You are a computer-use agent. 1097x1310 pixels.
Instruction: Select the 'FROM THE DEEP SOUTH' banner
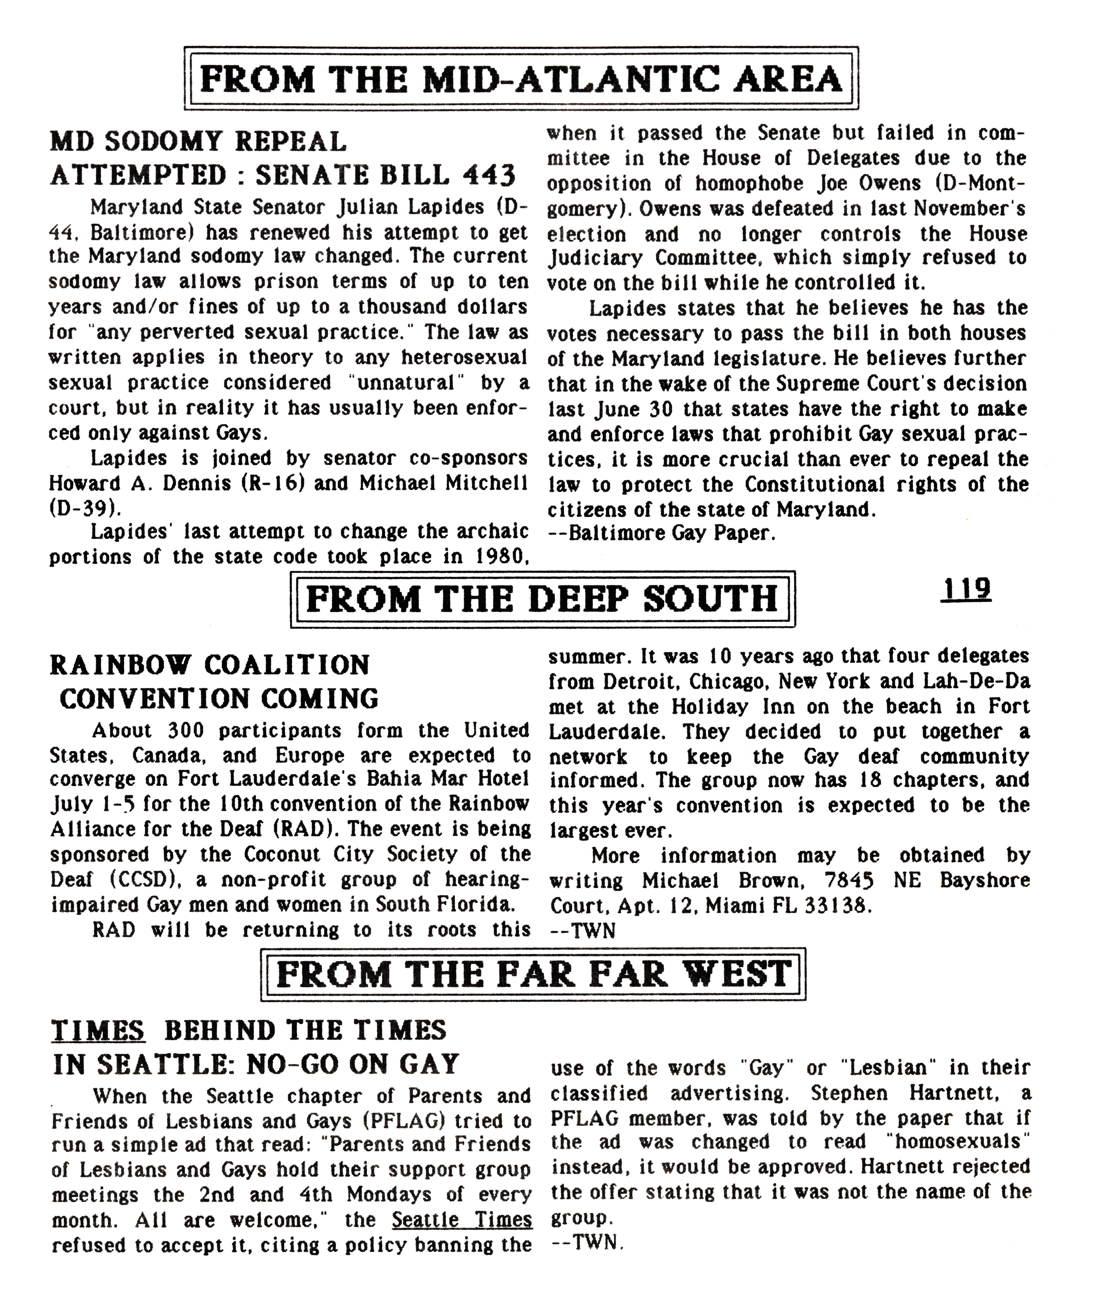pyautogui.click(x=543, y=599)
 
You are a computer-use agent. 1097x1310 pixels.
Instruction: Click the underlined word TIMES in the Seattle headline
pyautogui.click(x=98, y=1031)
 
